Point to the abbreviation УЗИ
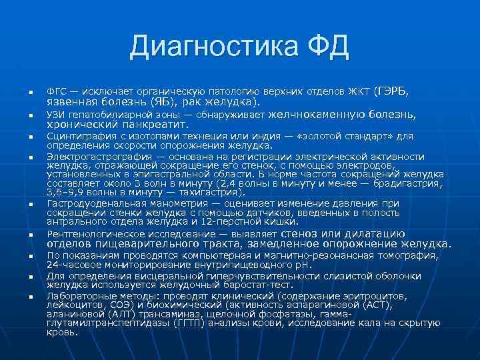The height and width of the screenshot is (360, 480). pyautogui.click(x=56, y=115)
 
